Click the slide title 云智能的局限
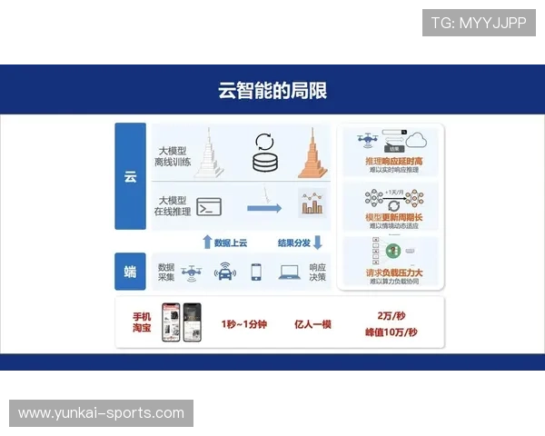tap(272, 91)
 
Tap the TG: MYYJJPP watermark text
tap(479, 23)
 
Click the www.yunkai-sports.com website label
tap(101, 413)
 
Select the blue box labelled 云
tap(130, 176)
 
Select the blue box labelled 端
tap(130, 271)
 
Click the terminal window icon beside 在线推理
tap(210, 206)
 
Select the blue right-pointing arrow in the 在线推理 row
tap(264, 208)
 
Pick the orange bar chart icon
tap(312, 204)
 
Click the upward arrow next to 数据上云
tap(207, 242)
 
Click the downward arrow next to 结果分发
tap(317, 242)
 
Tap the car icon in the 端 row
tap(224, 272)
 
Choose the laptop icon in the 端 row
tap(290, 271)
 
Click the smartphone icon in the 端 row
tap(257, 271)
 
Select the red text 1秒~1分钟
tap(243, 323)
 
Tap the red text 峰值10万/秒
tap(391, 332)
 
